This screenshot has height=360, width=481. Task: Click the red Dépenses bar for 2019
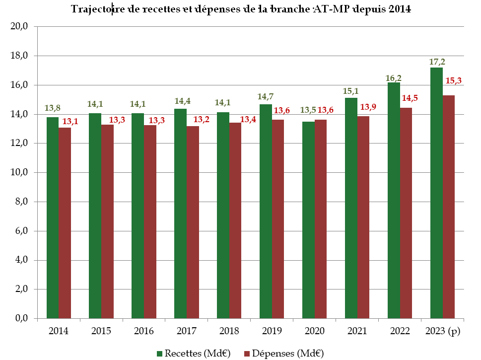[278, 219]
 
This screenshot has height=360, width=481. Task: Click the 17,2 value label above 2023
[437, 62]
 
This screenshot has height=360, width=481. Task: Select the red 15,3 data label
[454, 80]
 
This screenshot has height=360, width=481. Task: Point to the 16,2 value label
[394, 77]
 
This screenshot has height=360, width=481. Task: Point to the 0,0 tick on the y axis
[20, 319]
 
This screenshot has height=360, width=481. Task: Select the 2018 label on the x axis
[229, 331]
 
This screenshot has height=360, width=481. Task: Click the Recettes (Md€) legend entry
[194, 353]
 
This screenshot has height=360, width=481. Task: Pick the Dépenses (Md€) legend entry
[283, 353]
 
